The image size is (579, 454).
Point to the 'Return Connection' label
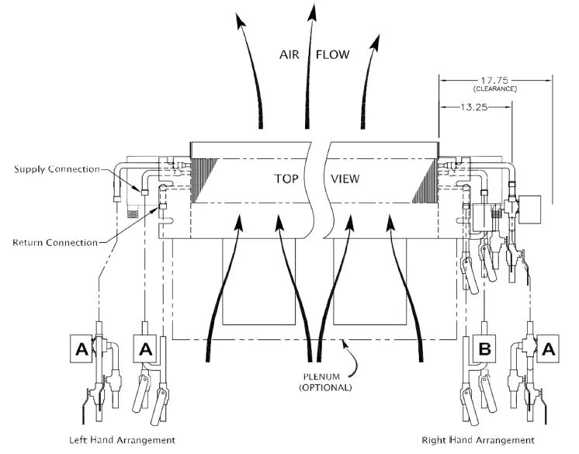pyautogui.click(x=55, y=242)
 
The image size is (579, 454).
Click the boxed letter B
pyautogui.click(x=484, y=350)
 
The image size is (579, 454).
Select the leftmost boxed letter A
pyautogui.click(x=81, y=350)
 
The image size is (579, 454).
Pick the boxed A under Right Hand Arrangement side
pyautogui.click(x=548, y=350)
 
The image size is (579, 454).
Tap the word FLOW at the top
pyautogui.click(x=332, y=55)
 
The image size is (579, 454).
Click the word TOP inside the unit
pyautogui.click(x=287, y=178)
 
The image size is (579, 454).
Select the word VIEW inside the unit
pyautogui.click(x=345, y=178)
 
